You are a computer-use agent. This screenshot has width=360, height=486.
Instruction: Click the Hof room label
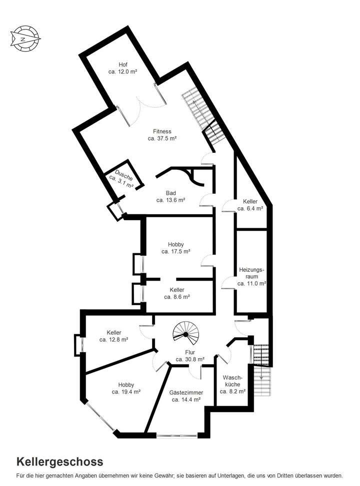[123, 68]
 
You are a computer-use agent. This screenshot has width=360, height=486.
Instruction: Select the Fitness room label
[162, 135]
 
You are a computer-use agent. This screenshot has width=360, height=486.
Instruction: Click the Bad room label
[170, 196]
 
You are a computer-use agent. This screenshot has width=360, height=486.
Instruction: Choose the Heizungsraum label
[251, 276]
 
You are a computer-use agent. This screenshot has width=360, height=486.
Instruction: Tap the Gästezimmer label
[185, 396]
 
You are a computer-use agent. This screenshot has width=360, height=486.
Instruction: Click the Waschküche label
[233, 384]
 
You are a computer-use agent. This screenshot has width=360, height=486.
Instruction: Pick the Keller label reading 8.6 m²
[176, 293]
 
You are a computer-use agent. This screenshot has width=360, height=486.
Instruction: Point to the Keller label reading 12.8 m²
[114, 336]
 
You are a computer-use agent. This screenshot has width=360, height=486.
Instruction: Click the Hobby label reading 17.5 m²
[175, 248]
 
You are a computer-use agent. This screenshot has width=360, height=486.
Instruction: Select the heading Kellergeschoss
[60, 461]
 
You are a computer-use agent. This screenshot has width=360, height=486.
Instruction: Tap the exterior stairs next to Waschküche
[263, 370]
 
